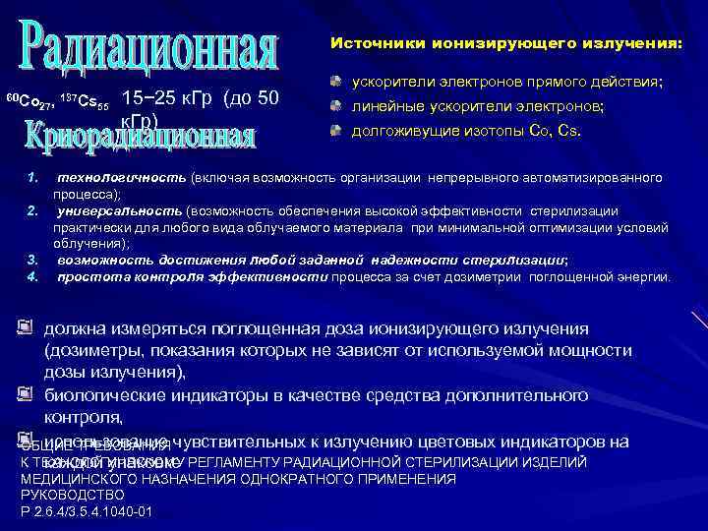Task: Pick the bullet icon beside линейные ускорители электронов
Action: tap(336, 104)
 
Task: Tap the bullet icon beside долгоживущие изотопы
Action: tap(336, 129)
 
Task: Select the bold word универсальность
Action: tap(119, 210)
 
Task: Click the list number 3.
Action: tap(32, 261)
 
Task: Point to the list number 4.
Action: tap(32, 276)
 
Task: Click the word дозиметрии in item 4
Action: tap(488, 277)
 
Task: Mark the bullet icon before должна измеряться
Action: tap(25, 327)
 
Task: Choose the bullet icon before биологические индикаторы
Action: tap(25, 395)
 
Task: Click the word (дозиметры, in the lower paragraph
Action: tap(88, 350)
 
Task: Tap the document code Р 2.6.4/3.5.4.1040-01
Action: tap(86, 511)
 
